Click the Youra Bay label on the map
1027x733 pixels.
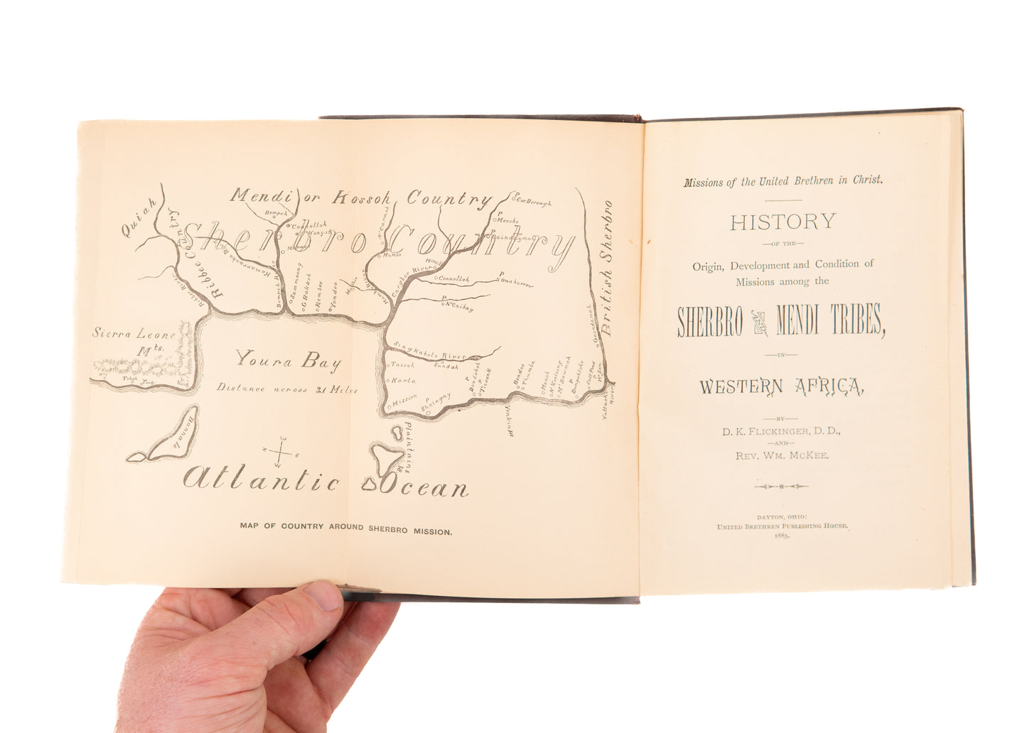[x=288, y=360]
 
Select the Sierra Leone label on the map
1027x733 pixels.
[x=134, y=333]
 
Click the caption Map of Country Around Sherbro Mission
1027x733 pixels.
[x=345, y=529]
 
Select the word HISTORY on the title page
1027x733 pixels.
[x=782, y=222]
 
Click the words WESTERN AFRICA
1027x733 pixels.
[x=781, y=386]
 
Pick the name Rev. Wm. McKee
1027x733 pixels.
[x=782, y=455]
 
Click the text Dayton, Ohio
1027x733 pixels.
[x=782, y=517]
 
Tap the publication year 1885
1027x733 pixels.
[x=782, y=536]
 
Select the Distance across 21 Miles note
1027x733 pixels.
[x=287, y=389]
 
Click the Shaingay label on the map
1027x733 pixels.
[x=436, y=403]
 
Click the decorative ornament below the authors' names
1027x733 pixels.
[x=781, y=487]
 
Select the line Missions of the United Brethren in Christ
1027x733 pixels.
[x=783, y=182]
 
